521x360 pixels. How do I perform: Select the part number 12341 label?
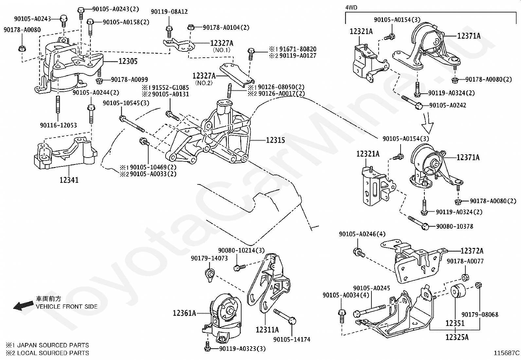tap(69, 180)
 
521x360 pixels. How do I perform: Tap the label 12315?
tap(275, 140)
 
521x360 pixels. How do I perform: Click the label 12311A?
tap(267, 330)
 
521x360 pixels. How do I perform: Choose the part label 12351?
tap(455, 323)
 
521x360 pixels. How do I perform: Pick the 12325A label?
tap(457, 337)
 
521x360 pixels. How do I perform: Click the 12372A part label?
tap(472, 251)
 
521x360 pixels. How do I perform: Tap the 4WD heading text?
tap(351, 7)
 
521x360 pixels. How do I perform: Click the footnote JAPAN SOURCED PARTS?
tap(53, 345)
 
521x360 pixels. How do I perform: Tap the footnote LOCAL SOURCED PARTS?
tap(53, 353)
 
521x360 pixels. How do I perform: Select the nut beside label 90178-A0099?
tap(99, 80)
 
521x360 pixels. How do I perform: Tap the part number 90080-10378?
tap(454, 226)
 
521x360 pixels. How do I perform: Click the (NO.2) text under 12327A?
tap(204, 83)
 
